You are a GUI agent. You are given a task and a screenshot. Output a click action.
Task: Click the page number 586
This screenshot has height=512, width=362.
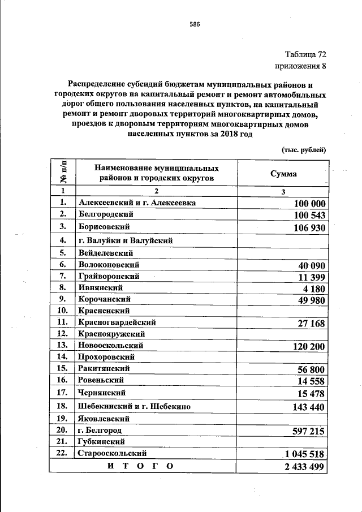[x=195, y=24]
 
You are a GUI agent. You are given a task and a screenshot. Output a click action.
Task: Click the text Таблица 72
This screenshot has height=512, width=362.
[x=305, y=55]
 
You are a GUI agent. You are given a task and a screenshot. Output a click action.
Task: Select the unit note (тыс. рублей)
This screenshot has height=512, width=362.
[x=304, y=149]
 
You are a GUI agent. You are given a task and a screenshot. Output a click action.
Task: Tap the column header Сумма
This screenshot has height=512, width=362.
[x=283, y=174]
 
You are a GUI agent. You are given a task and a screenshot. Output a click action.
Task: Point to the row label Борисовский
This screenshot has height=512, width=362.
[x=105, y=227]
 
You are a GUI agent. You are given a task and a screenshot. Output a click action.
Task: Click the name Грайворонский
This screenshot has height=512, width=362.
[x=109, y=277]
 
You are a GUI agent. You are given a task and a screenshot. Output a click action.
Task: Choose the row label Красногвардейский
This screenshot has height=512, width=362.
[x=118, y=322]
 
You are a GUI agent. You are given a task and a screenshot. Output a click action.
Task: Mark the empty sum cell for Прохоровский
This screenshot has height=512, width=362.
[x=283, y=357]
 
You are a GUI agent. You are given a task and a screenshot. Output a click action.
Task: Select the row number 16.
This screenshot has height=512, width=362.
[x=62, y=380]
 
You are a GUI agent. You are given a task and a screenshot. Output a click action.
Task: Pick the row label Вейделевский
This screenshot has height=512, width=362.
[x=106, y=253]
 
